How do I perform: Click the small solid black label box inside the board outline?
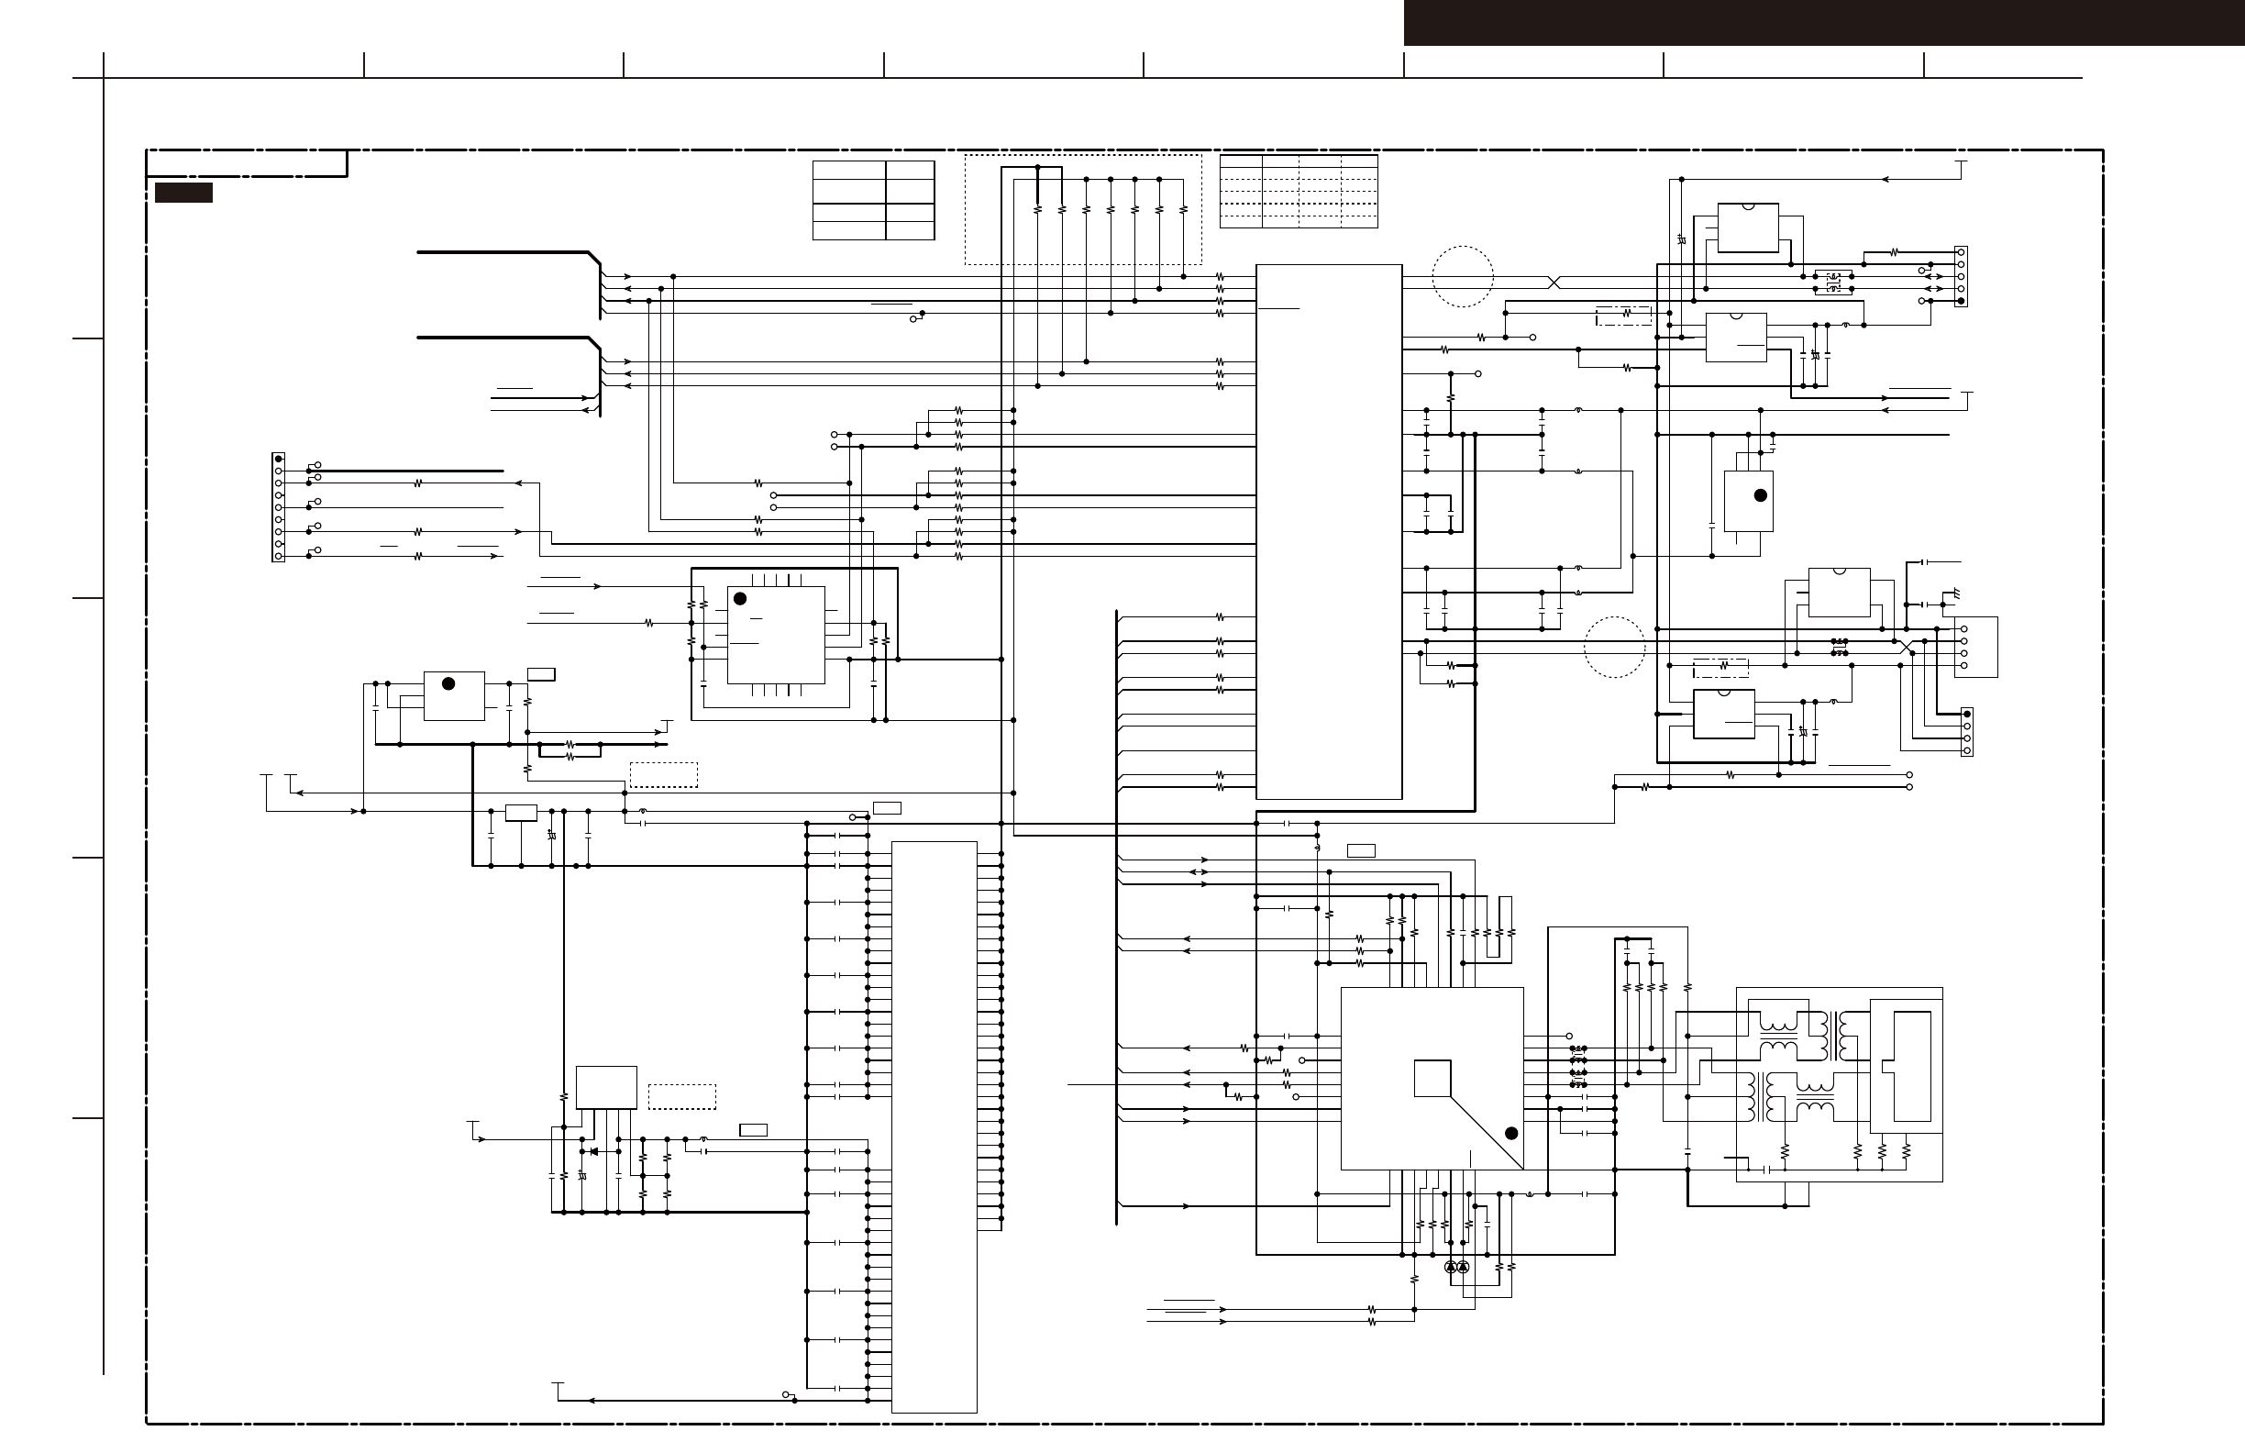click(183, 193)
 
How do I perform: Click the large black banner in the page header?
click(1823, 23)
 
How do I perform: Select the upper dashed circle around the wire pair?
click(1462, 276)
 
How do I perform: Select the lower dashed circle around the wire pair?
click(1614, 648)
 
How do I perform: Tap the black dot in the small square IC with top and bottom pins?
click(739, 599)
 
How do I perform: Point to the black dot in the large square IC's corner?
click(1510, 1133)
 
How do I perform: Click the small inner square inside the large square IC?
click(1432, 1079)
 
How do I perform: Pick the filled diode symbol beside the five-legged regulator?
click(592, 1151)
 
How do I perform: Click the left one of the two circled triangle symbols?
click(1451, 1267)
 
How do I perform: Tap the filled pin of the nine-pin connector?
click(278, 460)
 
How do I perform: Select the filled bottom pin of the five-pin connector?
click(1961, 301)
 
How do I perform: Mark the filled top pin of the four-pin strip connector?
click(1967, 715)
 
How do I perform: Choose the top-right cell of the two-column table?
click(911, 171)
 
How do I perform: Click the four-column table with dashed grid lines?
click(1298, 192)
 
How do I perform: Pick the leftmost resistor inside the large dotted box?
click(1037, 209)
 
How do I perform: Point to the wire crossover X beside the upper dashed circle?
click(1554, 283)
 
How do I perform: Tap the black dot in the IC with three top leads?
click(1760, 495)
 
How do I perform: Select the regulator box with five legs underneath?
click(605, 1088)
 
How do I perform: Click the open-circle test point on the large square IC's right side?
click(1570, 1036)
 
